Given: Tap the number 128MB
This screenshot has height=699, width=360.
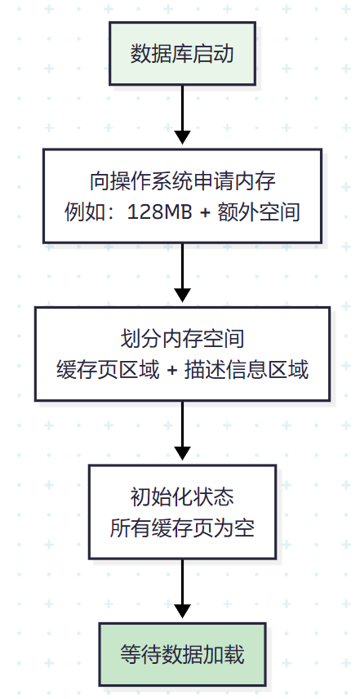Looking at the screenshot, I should [x=158, y=213].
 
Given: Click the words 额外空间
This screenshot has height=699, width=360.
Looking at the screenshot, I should [x=260, y=213].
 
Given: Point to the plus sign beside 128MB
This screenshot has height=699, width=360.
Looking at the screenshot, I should [x=204, y=213].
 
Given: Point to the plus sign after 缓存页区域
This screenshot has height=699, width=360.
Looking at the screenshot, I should [x=171, y=369].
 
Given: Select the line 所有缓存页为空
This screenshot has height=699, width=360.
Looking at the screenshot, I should [x=182, y=527].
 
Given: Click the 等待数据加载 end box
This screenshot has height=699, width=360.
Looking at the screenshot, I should [x=182, y=654].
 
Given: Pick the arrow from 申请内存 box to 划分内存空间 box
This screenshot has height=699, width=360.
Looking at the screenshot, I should [x=182, y=273].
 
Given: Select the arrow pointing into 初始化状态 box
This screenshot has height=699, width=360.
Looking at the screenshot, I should [x=182, y=433].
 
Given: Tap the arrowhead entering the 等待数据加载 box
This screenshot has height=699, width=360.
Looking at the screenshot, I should [x=182, y=615].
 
